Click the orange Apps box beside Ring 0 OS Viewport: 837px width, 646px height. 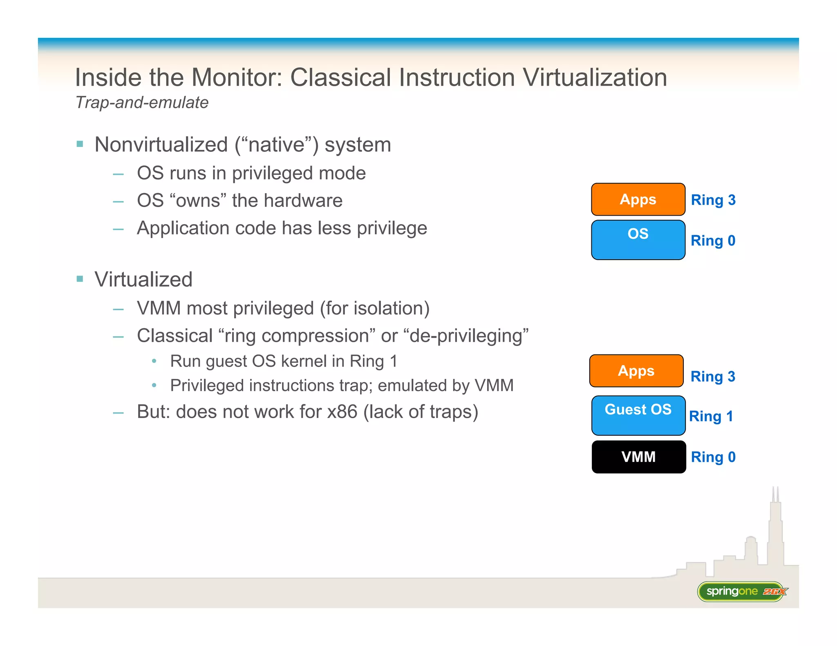[x=638, y=199]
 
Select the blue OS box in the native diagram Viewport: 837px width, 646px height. [x=638, y=240]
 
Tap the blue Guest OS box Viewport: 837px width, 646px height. [x=638, y=415]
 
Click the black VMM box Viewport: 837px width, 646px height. [x=638, y=457]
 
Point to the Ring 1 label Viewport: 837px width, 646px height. [x=711, y=417]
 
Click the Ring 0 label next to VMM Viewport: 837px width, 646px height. [x=713, y=457]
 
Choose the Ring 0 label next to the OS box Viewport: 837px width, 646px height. [x=713, y=241]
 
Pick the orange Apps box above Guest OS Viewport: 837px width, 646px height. [x=636, y=371]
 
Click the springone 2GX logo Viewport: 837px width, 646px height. [x=741, y=591]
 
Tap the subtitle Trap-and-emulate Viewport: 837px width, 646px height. [x=142, y=102]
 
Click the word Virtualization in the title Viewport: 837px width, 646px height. [x=595, y=78]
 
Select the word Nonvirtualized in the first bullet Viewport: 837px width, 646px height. [x=161, y=145]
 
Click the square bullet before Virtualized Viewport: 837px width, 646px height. [x=80, y=279]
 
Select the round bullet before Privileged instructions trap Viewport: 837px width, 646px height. [x=154, y=385]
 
